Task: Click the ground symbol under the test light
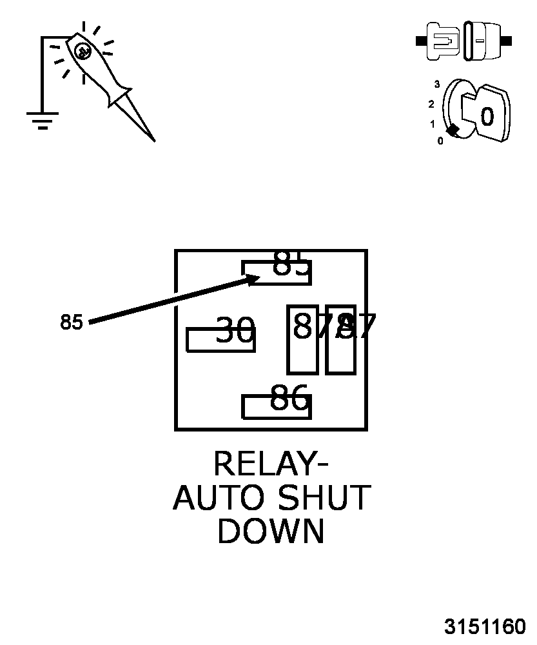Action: pyautogui.click(x=42, y=119)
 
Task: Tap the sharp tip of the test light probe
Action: pyautogui.click(x=153, y=139)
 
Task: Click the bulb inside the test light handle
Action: pyautogui.click(x=82, y=51)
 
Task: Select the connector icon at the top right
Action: pyautogui.click(x=464, y=41)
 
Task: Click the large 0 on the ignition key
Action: pyautogui.click(x=487, y=117)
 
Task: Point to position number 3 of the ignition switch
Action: pyautogui.click(x=436, y=84)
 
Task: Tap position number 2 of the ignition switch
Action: pyautogui.click(x=431, y=104)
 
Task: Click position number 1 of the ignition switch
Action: pyautogui.click(x=433, y=124)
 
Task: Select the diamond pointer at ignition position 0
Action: pyautogui.click(x=453, y=130)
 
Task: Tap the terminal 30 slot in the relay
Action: pyautogui.click(x=220, y=340)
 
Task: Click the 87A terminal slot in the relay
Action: pyautogui.click(x=302, y=340)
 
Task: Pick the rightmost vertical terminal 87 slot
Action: pyautogui.click(x=340, y=340)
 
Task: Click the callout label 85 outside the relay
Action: pyautogui.click(x=72, y=322)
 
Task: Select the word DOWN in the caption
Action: pyautogui.click(x=271, y=532)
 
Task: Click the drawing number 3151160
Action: pyautogui.click(x=485, y=627)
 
